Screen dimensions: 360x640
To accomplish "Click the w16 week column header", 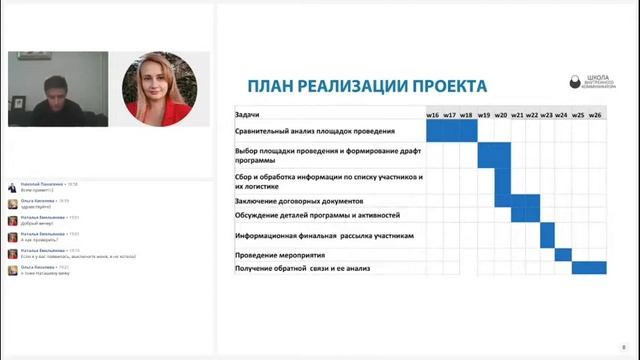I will pyautogui.click(x=433, y=115).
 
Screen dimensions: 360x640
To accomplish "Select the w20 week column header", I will pyautogui.click(x=501, y=115).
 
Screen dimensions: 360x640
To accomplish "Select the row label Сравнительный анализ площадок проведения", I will pyautogui.click(x=314, y=131).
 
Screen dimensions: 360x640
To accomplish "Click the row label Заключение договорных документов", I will pyautogui.click(x=299, y=201).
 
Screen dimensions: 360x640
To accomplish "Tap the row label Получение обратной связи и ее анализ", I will pyautogui.click(x=309, y=268).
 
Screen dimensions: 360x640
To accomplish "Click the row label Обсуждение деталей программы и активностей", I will pyautogui.click(x=317, y=214).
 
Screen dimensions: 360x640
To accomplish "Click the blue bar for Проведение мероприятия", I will pyautogui.click(x=562, y=255).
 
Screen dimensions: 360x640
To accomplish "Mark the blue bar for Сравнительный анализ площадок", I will pyautogui.click(x=451, y=131).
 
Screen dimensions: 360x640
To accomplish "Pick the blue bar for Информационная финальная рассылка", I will pyautogui.click(x=547, y=235).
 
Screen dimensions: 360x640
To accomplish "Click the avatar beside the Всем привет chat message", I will pyautogui.click(x=11, y=187).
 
